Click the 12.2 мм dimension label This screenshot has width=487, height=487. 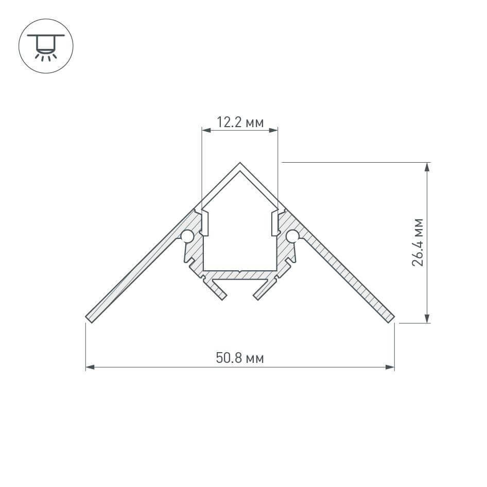[x=240, y=123]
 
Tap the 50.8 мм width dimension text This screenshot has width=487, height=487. [x=240, y=358]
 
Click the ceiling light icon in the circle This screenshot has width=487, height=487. [x=46, y=46]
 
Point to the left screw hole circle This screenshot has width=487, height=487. [x=187, y=236]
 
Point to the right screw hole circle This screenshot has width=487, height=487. [x=292, y=236]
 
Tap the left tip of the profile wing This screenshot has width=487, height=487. [x=88, y=319]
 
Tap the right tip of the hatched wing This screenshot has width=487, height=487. [x=392, y=319]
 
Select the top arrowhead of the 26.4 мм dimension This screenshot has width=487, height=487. [x=427, y=166]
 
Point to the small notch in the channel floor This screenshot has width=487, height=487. [x=240, y=270]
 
